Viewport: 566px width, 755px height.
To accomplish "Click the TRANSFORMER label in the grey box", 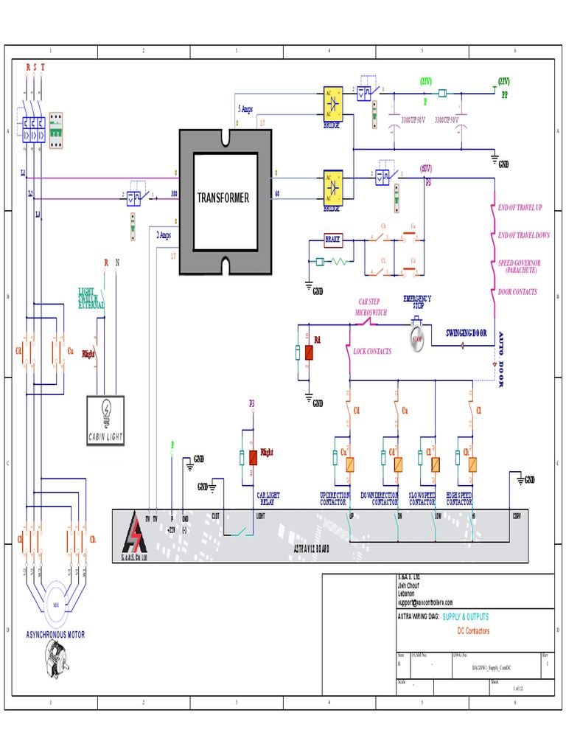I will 223,198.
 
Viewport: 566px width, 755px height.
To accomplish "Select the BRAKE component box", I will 335,240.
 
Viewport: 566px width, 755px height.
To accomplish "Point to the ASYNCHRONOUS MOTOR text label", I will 56,634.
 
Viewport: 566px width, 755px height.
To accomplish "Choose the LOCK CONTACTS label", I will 372,352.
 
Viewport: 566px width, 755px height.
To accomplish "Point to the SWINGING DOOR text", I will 467,333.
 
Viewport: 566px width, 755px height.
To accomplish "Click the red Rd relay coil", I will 309,352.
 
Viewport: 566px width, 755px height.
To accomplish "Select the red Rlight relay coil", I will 252,458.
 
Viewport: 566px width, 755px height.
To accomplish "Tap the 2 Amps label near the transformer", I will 164,235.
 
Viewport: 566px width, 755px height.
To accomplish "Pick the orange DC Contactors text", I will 473,631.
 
